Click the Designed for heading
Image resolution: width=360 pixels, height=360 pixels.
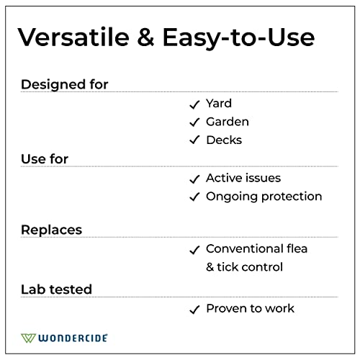pos(64,84)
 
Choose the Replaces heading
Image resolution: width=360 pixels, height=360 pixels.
pos(51,230)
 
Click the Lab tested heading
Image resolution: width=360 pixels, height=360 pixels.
pos(56,289)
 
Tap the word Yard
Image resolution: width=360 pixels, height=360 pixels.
pos(219,104)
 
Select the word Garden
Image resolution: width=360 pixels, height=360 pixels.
pos(228,122)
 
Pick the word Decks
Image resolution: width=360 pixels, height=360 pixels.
pos(224,140)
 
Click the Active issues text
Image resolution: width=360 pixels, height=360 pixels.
pos(243,178)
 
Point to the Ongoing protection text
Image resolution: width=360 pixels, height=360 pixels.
pos(264,197)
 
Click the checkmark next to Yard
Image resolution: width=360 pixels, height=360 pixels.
pos(194,104)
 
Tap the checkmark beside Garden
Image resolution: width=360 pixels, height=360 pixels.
pos(194,122)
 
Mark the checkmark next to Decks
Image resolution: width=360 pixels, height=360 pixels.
pos(194,140)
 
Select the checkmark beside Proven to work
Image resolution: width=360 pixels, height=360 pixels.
pos(194,310)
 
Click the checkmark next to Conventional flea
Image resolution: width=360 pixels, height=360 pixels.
pos(194,250)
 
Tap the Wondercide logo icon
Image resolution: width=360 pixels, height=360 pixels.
pos(29,337)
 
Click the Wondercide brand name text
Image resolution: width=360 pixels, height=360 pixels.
pos(73,337)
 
